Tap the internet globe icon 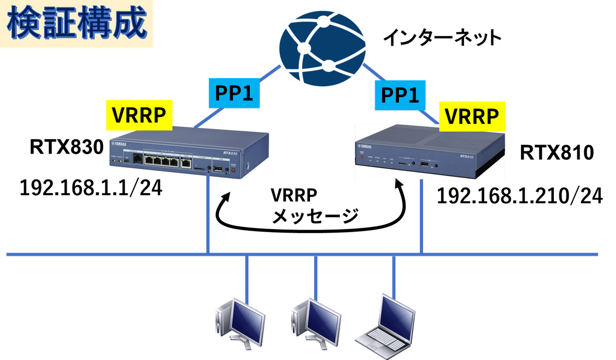[322, 48]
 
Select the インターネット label [442, 37]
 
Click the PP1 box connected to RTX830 [234, 93]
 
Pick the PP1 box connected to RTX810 [400, 95]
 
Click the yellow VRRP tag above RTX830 [139, 115]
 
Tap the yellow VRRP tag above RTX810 [472, 117]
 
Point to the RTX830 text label [67, 147]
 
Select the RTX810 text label [556, 153]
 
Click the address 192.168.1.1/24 [91, 188]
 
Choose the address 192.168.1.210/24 [519, 196]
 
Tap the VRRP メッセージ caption [315, 205]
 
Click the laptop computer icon [385, 327]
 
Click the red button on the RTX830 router [234, 170]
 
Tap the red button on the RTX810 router [361, 157]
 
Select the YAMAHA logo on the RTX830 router [119, 144]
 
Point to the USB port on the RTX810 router [424, 164]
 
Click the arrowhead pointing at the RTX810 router [399, 184]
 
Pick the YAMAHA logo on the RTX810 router [364, 146]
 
